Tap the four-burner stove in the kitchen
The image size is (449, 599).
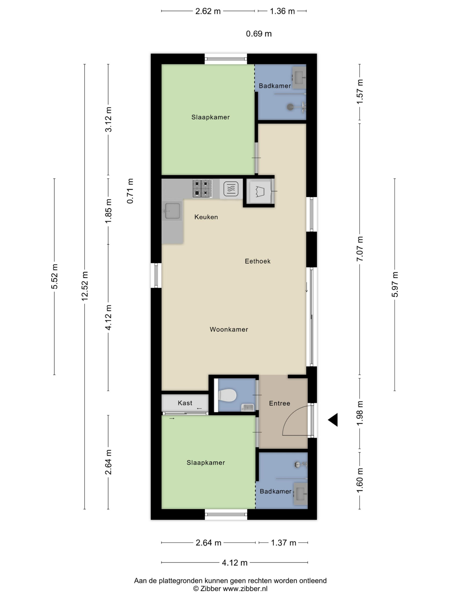(x=202, y=188)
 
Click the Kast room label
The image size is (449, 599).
(x=185, y=403)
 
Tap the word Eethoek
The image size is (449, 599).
(x=257, y=261)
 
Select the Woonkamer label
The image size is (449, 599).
(x=229, y=329)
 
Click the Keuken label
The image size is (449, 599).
(x=206, y=217)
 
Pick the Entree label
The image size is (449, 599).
(x=279, y=403)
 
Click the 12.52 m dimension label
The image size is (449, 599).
(x=85, y=286)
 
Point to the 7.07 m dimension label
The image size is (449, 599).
(x=360, y=248)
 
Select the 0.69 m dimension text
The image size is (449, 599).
(x=259, y=34)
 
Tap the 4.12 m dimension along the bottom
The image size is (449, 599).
(x=235, y=563)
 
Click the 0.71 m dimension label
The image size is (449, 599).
(x=130, y=191)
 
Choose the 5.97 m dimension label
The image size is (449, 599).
(x=395, y=284)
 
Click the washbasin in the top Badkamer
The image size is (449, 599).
(x=299, y=78)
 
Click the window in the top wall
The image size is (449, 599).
(x=226, y=59)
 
